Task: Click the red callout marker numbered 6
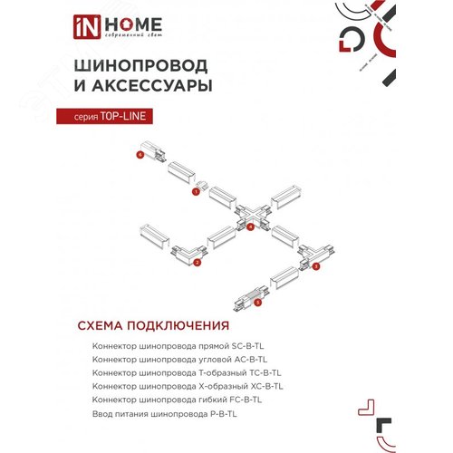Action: pyautogui.click(x=140, y=156)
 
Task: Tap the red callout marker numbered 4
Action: pyautogui.click(x=250, y=226)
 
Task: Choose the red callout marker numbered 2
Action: pyautogui.click(x=196, y=263)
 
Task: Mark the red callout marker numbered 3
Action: pyautogui.click(x=316, y=267)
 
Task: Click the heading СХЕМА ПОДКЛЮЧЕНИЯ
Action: pyautogui.click(x=145, y=326)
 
